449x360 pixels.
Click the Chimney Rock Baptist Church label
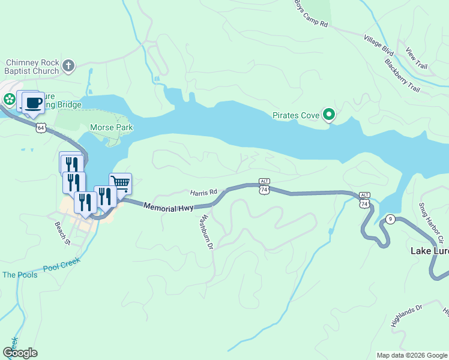(x=32, y=66)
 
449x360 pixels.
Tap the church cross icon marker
(x=68, y=65)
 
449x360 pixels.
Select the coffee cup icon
(x=33, y=103)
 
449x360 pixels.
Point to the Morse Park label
(x=111, y=127)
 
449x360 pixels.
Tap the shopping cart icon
(x=120, y=183)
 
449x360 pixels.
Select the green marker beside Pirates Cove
(x=328, y=113)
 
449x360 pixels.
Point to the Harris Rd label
(x=203, y=193)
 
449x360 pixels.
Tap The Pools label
(x=20, y=275)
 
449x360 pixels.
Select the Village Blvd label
(x=378, y=45)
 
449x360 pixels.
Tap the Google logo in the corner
(x=20, y=353)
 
